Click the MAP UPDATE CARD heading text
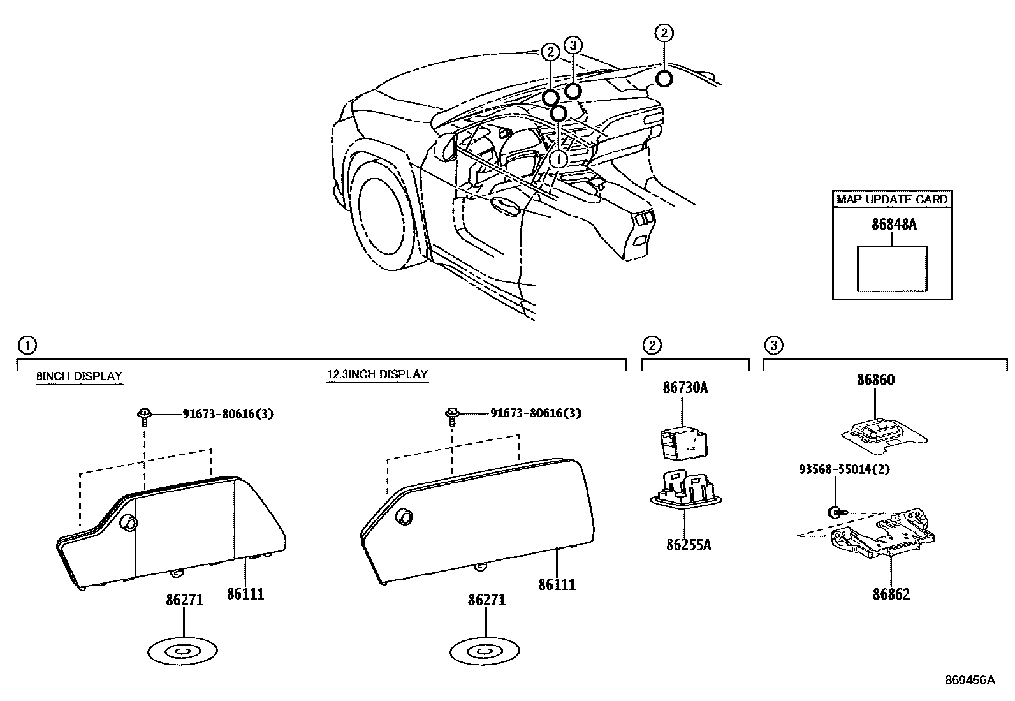[892, 199]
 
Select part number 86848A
[893, 225]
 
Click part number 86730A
[685, 387]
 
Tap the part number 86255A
[688, 545]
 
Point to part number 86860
[875, 380]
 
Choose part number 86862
[891, 594]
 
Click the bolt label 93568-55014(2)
[844, 469]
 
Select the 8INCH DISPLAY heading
[79, 376]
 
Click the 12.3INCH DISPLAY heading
[377, 374]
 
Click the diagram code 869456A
[969, 680]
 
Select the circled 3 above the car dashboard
[573, 45]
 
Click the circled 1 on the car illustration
[559, 158]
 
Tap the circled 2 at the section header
[651, 345]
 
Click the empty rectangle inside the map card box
[892, 269]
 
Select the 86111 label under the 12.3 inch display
[557, 584]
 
